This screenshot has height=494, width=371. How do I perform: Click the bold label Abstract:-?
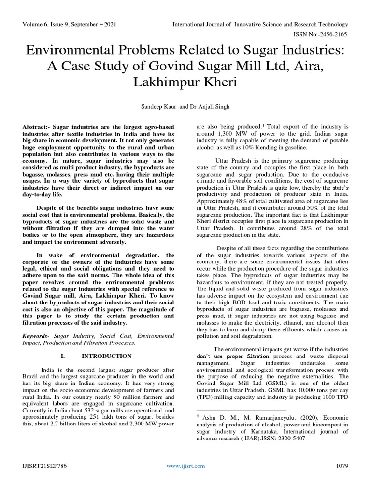pyautogui.click(x=37, y=126)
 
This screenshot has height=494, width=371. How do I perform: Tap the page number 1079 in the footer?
pyautogui.click(x=342, y=466)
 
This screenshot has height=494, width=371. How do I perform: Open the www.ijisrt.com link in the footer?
pyautogui.click(x=185, y=466)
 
